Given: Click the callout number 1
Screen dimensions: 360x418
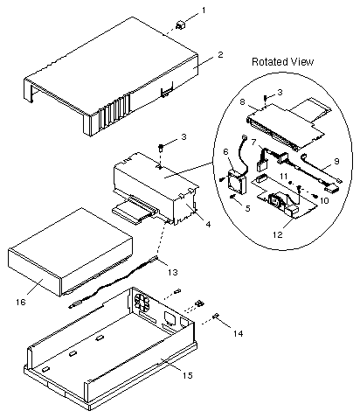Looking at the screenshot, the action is pyautogui.click(x=204, y=10).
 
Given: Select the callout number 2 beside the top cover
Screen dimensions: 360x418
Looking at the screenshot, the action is pyautogui.click(x=220, y=54).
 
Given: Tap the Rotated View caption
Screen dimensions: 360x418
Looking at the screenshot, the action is pyautogui.click(x=282, y=62).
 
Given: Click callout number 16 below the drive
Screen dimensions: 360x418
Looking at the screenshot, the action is pyautogui.click(x=21, y=302).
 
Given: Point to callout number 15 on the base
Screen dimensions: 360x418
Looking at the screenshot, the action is pyautogui.click(x=188, y=375).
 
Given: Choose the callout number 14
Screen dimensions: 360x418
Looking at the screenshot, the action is pyautogui.click(x=238, y=333).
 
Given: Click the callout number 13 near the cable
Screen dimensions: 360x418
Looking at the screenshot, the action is pyautogui.click(x=172, y=272).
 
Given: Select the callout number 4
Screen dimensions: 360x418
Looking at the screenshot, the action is pyautogui.click(x=208, y=224).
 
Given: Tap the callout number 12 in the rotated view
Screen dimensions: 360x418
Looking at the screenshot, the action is pyautogui.click(x=278, y=234).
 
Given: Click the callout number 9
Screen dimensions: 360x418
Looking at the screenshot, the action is pyautogui.click(x=336, y=161).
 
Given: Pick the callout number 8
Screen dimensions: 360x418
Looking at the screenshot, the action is pyautogui.click(x=250, y=102).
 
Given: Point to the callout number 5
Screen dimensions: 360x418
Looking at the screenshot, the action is pyautogui.click(x=247, y=208).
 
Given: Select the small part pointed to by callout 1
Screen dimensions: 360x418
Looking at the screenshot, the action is pyautogui.click(x=181, y=25).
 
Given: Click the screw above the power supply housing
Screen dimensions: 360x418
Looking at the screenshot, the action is pyautogui.click(x=161, y=147).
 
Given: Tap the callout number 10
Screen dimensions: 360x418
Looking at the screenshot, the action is pyautogui.click(x=324, y=200).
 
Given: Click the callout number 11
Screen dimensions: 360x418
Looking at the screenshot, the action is pyautogui.click(x=284, y=176).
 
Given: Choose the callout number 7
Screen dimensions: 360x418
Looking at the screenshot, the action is pyautogui.click(x=253, y=143).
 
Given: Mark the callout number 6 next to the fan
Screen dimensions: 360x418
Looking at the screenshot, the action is pyautogui.click(x=226, y=152).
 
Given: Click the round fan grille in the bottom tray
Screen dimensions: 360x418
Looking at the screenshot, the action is pyautogui.click(x=142, y=303).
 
